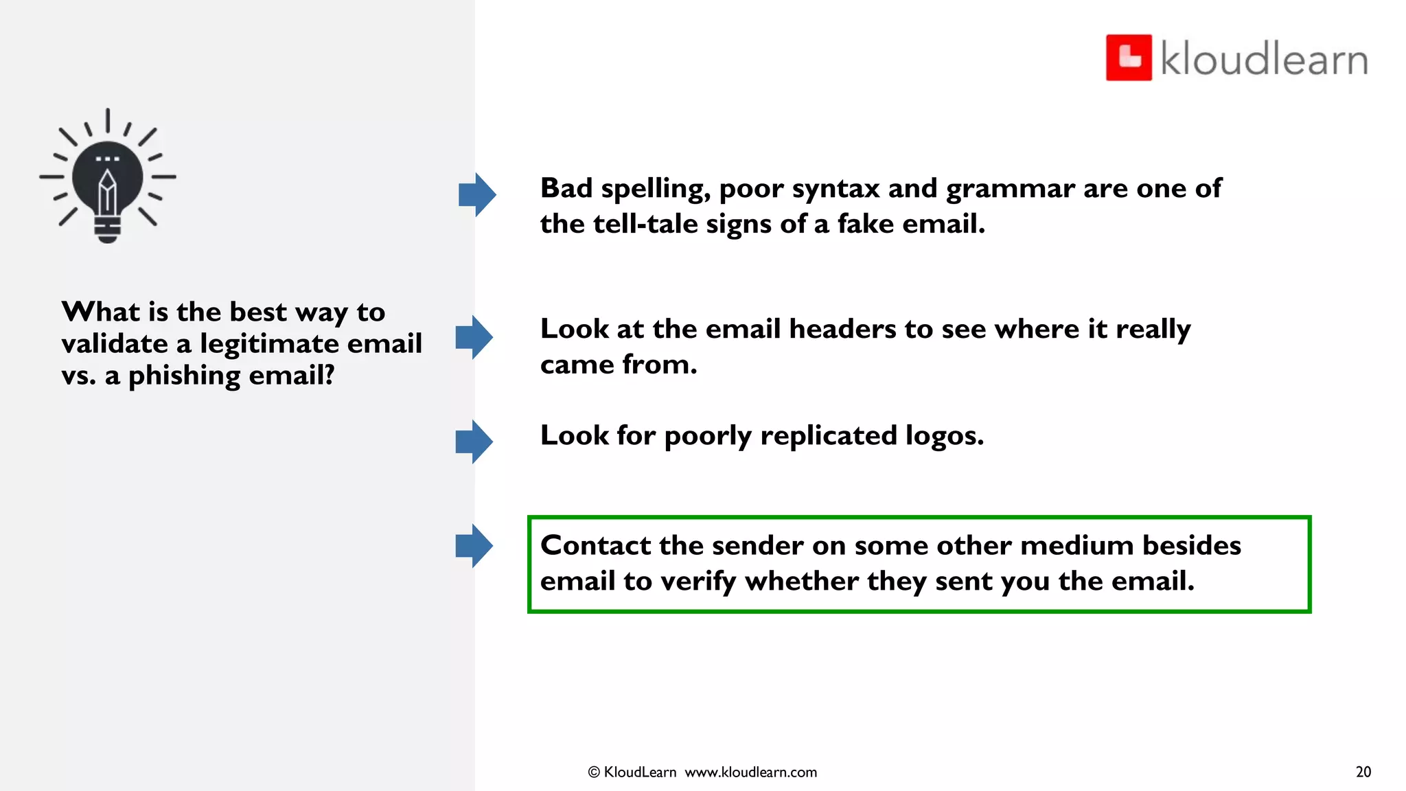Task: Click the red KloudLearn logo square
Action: click(1129, 58)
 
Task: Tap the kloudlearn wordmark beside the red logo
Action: click(1264, 59)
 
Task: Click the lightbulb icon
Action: click(108, 176)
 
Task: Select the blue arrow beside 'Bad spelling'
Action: click(477, 195)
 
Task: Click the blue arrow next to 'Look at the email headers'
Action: click(474, 337)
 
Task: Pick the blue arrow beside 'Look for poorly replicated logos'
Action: click(474, 442)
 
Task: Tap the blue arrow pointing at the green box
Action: click(474, 546)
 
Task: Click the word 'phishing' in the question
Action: click(184, 376)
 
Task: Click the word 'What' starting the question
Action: click(101, 312)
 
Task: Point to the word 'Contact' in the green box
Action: click(595, 545)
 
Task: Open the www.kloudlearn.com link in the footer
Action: click(751, 772)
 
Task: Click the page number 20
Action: click(1363, 772)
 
